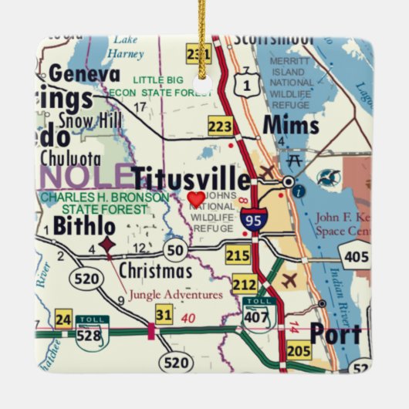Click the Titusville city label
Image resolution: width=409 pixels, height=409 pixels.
coord(191,178)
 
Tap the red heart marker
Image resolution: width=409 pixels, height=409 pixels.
coord(197,198)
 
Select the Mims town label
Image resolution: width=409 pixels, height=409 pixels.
coord(290,124)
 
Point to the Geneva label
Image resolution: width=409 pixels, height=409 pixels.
coord(85,75)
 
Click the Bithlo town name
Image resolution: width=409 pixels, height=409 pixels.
coord(84,226)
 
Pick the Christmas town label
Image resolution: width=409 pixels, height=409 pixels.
coord(156,271)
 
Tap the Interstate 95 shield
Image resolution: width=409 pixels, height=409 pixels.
coord(253,219)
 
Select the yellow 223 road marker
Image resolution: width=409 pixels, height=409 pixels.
coord(220,126)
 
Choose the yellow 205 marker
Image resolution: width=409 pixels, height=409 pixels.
coord(299,351)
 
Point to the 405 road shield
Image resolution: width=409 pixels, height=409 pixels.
coord(357,256)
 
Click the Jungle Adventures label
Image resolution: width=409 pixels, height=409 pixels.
coord(175,294)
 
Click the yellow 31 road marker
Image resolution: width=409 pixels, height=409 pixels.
coord(164,314)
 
